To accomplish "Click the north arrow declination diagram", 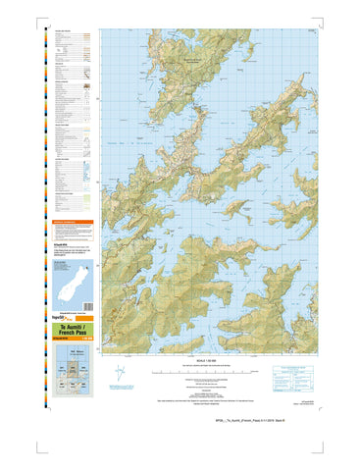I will (120, 374).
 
